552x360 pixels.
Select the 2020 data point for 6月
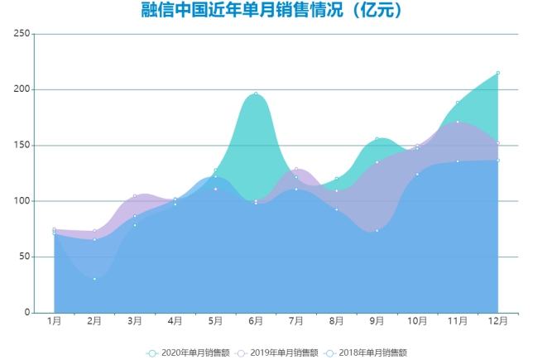pos(256,94)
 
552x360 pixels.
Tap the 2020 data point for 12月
pos(498,73)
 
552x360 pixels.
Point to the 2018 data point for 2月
pos(94,279)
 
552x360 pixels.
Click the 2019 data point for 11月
pos(458,122)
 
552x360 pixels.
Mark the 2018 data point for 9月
pos(377,231)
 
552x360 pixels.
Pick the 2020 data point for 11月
pos(458,103)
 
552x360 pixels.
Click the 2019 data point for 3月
pos(135,196)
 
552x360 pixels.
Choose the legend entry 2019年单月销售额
pos(276,353)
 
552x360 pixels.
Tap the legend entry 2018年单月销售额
pos(365,353)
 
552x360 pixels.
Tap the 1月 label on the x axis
pos(54,321)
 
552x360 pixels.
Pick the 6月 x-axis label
pos(256,321)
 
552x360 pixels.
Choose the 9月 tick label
pos(377,321)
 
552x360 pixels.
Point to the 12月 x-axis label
pos(498,321)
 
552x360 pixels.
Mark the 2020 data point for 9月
pos(377,139)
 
